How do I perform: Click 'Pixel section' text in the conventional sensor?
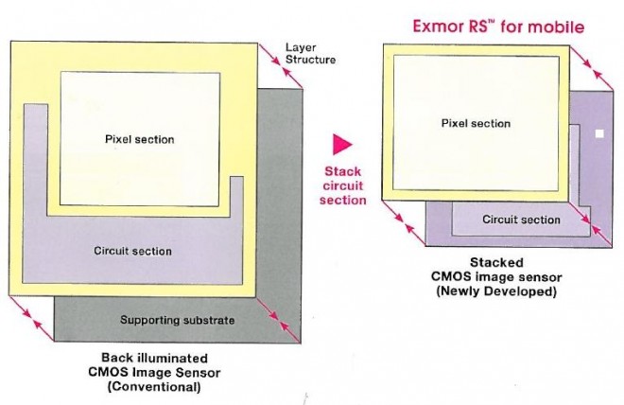[139, 139]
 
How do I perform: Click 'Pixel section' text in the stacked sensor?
[476, 123]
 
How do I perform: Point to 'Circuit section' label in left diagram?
[132, 251]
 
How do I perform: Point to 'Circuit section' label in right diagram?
[521, 220]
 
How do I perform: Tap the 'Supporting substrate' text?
[177, 320]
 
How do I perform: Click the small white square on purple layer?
[598, 134]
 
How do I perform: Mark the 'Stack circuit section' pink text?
[342, 186]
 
